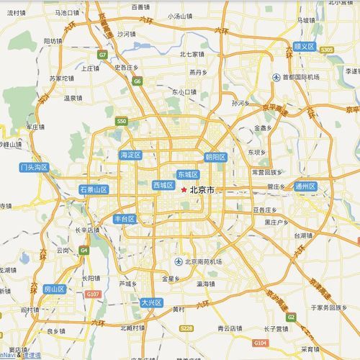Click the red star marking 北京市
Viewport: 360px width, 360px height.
184,189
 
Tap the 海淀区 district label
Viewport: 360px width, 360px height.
131,155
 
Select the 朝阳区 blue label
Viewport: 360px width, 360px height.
215,157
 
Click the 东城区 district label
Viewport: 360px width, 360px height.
187,174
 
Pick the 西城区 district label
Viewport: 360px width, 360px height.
163,185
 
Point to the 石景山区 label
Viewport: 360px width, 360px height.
94,189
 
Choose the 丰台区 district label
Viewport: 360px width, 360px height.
125,218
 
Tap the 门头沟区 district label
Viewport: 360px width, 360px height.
34,167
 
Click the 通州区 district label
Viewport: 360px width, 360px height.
305,186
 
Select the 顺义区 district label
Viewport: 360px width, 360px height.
305,46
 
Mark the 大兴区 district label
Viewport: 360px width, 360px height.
151,302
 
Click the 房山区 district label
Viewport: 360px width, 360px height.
54,289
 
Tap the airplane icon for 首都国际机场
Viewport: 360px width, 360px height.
276,77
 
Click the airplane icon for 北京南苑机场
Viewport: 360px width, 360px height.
179,261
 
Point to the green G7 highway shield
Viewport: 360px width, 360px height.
103,55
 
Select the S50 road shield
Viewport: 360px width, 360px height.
122,121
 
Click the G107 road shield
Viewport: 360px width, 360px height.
93,294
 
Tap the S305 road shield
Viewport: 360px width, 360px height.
328,50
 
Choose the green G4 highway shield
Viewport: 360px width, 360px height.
84,250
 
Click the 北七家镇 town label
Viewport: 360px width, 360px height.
192,54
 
